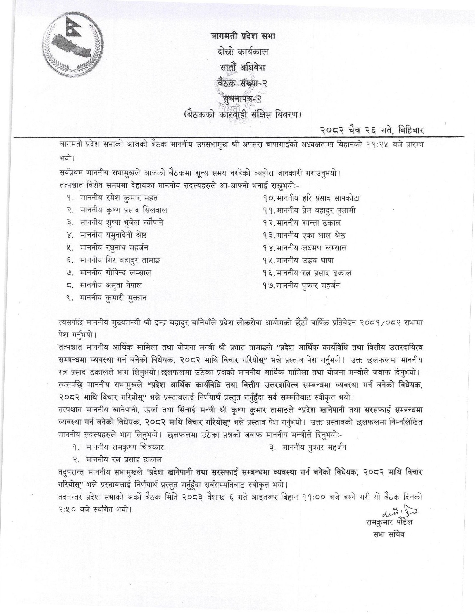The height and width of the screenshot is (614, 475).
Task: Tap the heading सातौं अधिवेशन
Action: click(x=242, y=68)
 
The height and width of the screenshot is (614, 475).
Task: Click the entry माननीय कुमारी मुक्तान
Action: click(x=113, y=298)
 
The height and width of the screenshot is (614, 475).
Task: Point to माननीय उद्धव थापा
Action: click(x=305, y=261)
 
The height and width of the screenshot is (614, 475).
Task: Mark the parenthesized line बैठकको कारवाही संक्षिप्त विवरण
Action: click(x=242, y=116)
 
